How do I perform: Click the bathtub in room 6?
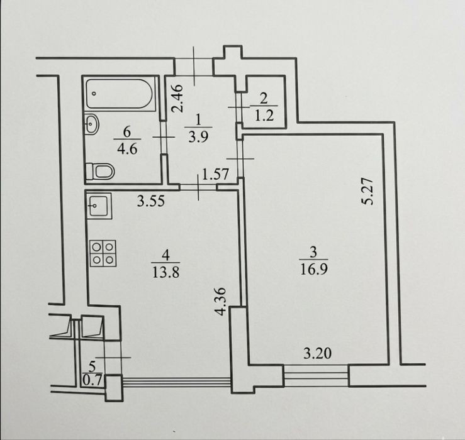click(x=120, y=94)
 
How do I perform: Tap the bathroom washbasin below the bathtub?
click(x=92, y=124)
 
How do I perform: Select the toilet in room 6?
click(x=100, y=171)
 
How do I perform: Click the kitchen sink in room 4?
click(x=99, y=206)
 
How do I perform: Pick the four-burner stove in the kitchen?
click(x=103, y=253)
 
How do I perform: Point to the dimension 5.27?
click(x=367, y=191)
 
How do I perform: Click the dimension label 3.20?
click(x=317, y=353)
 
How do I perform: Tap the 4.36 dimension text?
click(x=221, y=301)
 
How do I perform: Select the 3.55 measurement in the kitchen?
click(x=150, y=202)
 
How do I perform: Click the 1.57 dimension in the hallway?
click(x=215, y=174)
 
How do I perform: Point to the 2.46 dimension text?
click(x=178, y=98)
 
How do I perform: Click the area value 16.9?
click(x=314, y=270)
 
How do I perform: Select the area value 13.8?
click(x=165, y=272)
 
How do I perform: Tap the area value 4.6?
click(x=127, y=149)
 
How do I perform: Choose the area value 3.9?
click(x=198, y=137)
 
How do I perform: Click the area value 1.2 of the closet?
click(x=264, y=115)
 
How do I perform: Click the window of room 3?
click(x=316, y=376)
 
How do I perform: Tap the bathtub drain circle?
click(x=94, y=94)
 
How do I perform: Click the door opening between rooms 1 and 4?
click(x=198, y=187)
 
